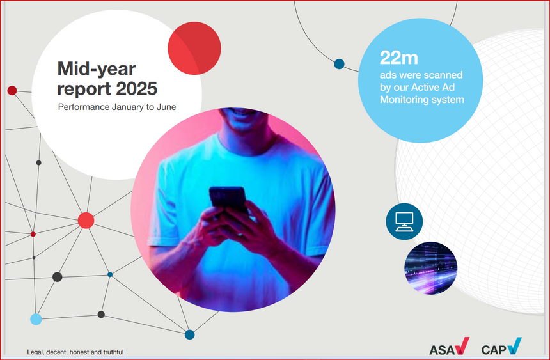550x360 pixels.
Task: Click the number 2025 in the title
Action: point(136,89)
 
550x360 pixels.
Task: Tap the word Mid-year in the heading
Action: point(97,69)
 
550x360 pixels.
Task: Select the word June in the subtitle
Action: point(166,107)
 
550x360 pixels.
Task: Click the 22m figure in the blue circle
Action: point(399,58)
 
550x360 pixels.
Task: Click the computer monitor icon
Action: point(404,221)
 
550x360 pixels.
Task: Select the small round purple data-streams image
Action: point(431,268)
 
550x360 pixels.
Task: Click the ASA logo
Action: point(449,347)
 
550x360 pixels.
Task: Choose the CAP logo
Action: point(501,347)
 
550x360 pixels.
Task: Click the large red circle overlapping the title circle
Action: point(194,48)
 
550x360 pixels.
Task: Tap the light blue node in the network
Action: point(36,319)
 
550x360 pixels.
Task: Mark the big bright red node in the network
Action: point(86,221)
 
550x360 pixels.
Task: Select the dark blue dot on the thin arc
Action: point(339,64)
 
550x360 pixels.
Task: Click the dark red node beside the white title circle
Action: point(12,91)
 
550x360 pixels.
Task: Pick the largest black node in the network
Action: point(57,277)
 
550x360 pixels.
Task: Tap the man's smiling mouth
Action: point(242,114)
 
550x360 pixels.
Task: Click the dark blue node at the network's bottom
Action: point(190,334)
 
